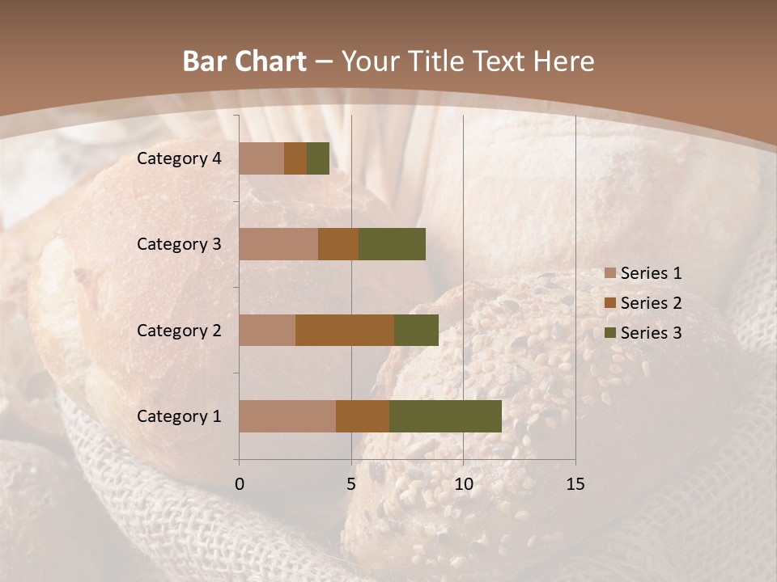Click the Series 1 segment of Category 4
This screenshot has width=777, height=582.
(261, 158)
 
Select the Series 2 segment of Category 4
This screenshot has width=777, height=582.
(295, 158)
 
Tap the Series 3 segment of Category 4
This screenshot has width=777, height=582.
(318, 158)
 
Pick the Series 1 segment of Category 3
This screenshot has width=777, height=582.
(278, 244)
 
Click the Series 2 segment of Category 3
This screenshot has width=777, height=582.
(338, 244)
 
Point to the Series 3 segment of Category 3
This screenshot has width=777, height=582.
(392, 244)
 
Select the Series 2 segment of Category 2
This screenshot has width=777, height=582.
(345, 330)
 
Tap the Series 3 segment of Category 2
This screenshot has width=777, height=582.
(416, 330)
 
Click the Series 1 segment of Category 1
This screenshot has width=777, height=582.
(287, 416)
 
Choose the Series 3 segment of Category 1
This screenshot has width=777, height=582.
(445, 416)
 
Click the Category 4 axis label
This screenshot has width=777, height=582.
(179, 158)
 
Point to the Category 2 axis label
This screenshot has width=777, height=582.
(179, 331)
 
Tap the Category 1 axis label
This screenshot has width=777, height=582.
(179, 416)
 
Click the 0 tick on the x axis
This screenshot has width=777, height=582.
(240, 484)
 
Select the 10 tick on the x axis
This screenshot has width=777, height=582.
(463, 484)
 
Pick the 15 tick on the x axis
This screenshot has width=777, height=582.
(575, 484)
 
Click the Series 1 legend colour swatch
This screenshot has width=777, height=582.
(609, 273)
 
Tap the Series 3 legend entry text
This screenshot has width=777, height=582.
(651, 332)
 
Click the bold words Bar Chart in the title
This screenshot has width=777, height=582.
(244, 61)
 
